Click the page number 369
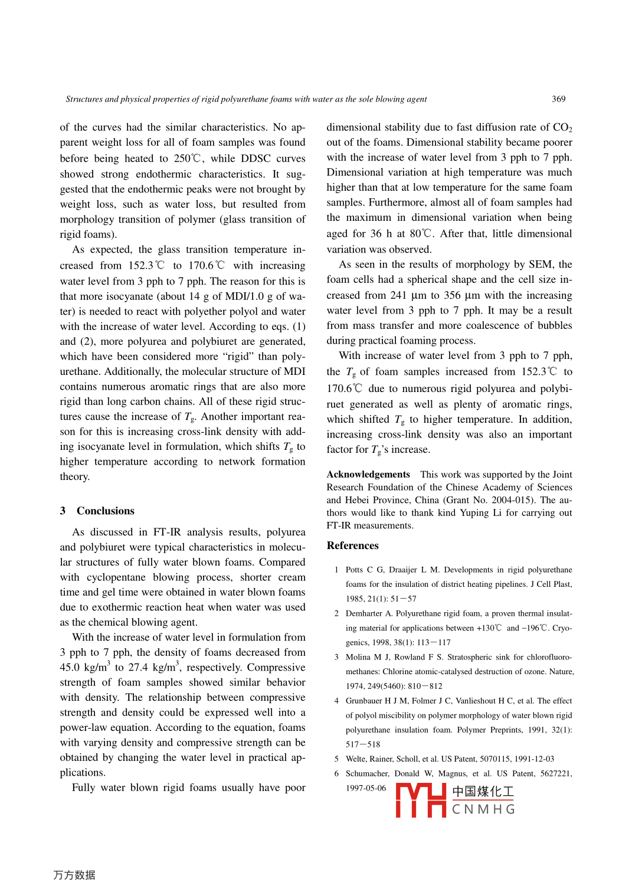(558, 99)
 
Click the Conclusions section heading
(105, 511)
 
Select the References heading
(352, 546)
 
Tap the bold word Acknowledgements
(368, 474)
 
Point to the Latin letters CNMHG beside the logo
(483, 809)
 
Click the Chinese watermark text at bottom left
(74, 875)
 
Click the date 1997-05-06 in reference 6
(366, 788)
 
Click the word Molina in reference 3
(358, 657)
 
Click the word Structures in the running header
(84, 99)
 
